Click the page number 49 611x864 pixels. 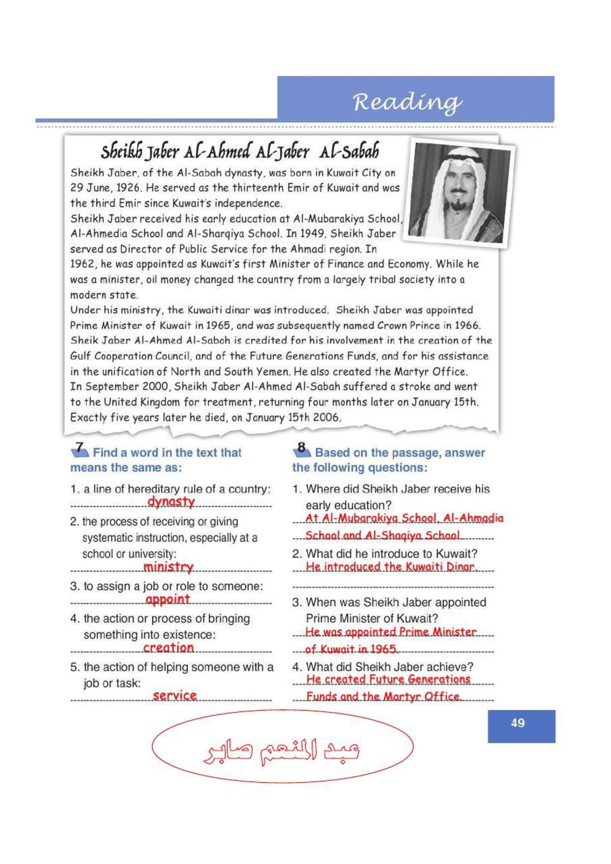tap(518, 723)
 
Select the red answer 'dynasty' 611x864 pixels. tap(171, 502)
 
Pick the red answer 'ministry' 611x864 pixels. tap(168, 567)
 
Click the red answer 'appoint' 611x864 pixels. tap(168, 599)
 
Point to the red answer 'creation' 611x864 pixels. tap(168, 648)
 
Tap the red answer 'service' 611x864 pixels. tap(175, 695)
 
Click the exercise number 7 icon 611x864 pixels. tap(79, 450)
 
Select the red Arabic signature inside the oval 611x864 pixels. tap(283, 751)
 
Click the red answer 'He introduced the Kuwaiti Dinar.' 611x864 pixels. tap(391, 567)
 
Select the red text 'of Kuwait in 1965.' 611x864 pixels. tap(352, 649)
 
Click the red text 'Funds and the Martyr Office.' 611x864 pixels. tap(383, 696)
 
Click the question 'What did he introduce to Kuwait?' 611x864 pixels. tap(392, 554)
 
